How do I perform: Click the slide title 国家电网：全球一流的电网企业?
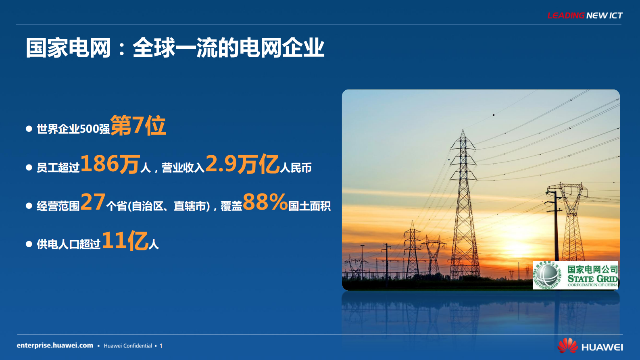tap(175, 48)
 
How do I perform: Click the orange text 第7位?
tap(138, 125)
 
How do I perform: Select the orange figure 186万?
tap(110, 164)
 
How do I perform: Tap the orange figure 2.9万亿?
tap(242, 164)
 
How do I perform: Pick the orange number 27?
tap(93, 202)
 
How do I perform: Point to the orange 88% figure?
tap(265, 202)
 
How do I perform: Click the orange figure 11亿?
tap(125, 241)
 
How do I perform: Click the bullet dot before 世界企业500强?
tap(29, 129)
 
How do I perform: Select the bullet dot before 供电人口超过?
tap(29, 244)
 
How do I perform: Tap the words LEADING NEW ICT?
tap(585, 16)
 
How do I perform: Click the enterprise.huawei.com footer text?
tap(55, 345)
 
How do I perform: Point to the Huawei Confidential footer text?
tap(128, 346)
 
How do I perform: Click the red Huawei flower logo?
tap(567, 346)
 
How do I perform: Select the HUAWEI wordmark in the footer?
tap(602, 347)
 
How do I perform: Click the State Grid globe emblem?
tap(547, 276)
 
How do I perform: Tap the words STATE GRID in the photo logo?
tap(592, 279)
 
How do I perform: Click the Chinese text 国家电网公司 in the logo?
tap(592, 269)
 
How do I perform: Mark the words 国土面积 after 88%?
tap(309, 206)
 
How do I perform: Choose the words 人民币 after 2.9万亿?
tap(296, 168)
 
